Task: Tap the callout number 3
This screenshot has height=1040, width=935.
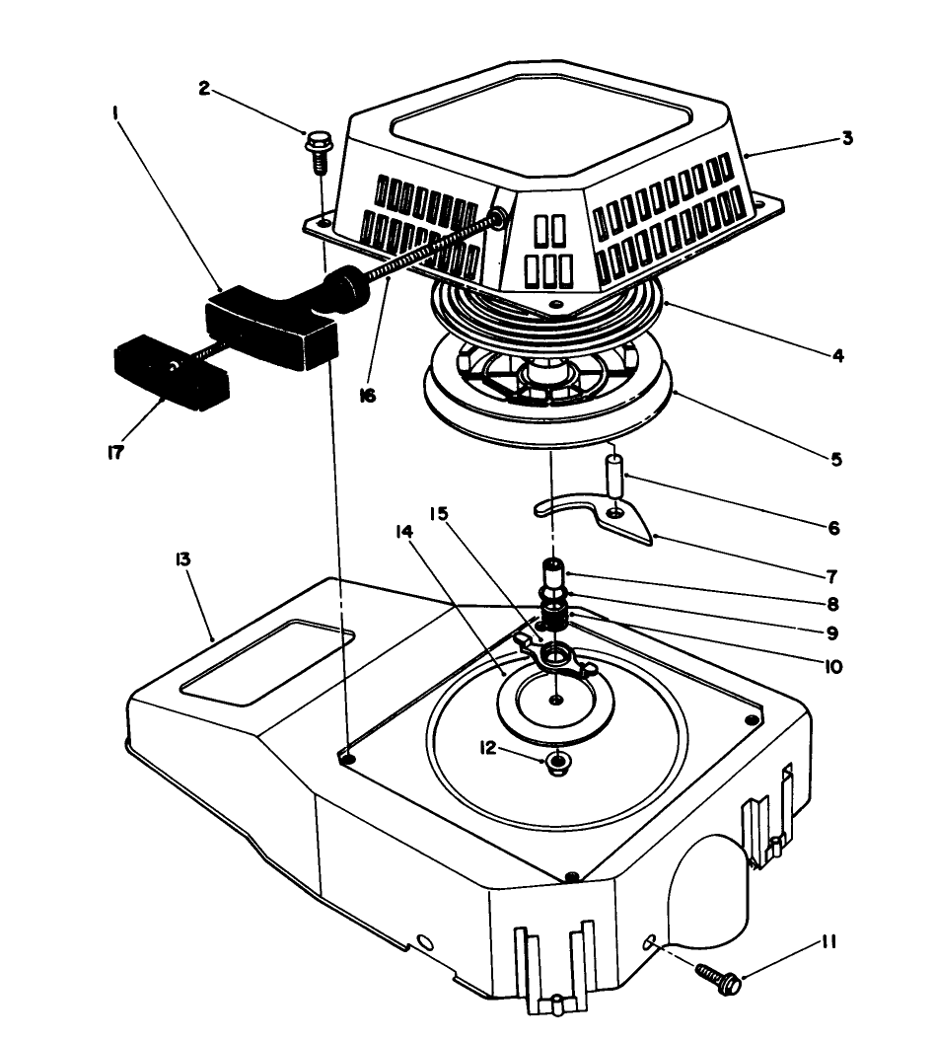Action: pyautogui.click(x=847, y=138)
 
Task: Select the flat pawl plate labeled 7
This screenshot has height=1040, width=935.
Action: pyautogui.click(x=592, y=517)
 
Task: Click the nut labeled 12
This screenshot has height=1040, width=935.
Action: pyautogui.click(x=559, y=761)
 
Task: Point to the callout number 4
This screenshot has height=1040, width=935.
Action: pyautogui.click(x=836, y=354)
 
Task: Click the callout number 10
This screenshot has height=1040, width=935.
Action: pyautogui.click(x=833, y=667)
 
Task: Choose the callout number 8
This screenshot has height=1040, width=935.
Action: pyautogui.click(x=834, y=603)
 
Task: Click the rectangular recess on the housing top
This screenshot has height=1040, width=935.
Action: pyautogui.click(x=264, y=662)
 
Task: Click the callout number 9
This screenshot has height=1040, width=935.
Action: pyautogui.click(x=834, y=633)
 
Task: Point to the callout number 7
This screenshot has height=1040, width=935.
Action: pyautogui.click(x=834, y=573)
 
